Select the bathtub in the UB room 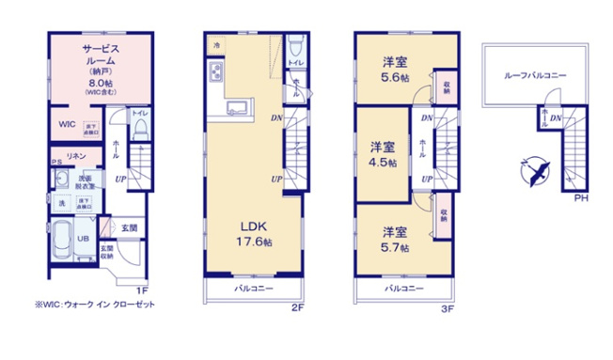click(63, 239)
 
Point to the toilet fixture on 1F click(140, 128)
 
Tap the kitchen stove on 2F click(216, 72)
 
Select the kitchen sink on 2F click(235, 106)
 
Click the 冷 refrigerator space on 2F click(216, 44)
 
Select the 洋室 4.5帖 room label click(382, 153)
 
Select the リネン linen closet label click(76, 155)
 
